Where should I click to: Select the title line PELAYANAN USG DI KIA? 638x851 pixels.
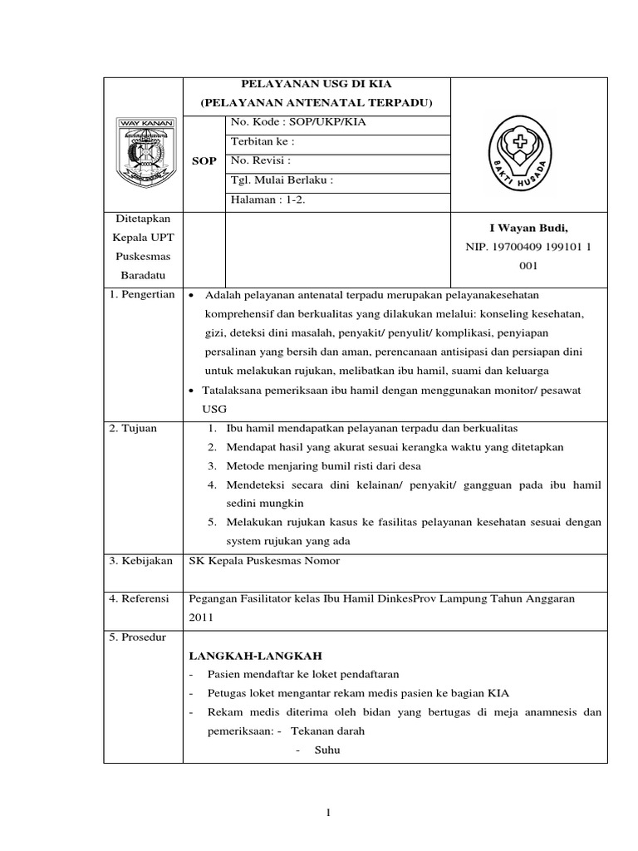[317, 84]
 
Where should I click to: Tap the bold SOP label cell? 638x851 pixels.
[204, 160]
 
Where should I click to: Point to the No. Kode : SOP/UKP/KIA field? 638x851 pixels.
[297, 122]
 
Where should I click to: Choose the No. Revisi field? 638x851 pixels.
[262, 160]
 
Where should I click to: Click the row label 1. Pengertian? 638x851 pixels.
[142, 295]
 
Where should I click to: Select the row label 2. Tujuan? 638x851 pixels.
[133, 427]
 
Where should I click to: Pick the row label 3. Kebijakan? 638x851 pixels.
[140, 560]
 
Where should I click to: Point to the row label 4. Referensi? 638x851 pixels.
[140, 598]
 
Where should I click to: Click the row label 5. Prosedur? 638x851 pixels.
[139, 637]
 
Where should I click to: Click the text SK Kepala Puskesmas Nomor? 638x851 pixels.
[265, 560]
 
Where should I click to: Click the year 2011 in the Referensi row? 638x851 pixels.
[202, 617]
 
